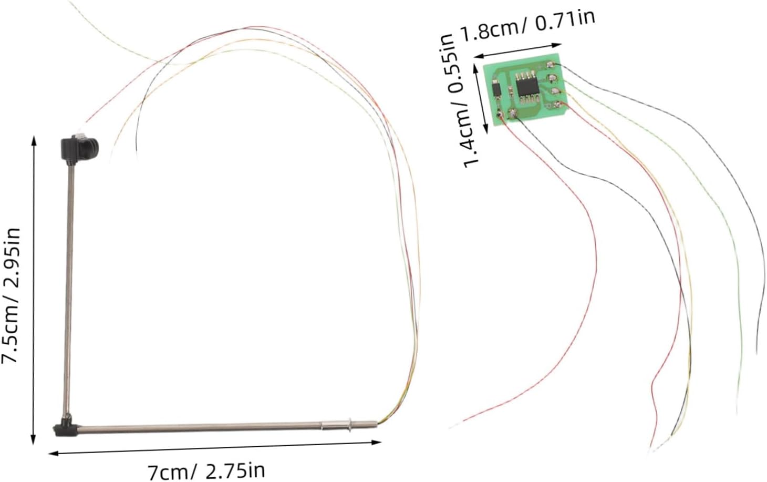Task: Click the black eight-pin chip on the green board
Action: point(527,87)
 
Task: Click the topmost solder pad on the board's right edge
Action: point(550,64)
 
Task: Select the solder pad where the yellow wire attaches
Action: point(555,91)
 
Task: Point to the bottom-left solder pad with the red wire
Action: point(499,114)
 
